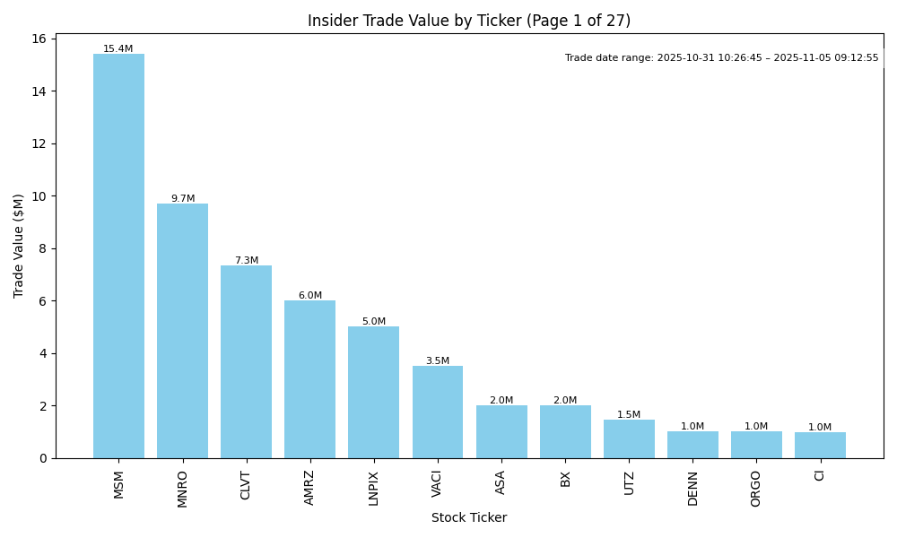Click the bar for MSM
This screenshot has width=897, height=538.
118,256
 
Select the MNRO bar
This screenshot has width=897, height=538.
182,331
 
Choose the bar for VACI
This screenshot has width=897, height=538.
438,412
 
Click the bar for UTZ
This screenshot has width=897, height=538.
629,438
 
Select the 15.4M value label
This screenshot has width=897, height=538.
118,49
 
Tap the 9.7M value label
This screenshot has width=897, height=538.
183,199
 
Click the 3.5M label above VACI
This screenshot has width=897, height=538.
438,361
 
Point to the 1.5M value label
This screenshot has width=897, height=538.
629,415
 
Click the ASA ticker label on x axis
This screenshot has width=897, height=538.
501,482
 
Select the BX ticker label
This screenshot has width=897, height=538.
565,479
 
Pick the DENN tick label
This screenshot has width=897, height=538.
692,488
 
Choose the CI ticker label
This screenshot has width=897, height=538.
820,475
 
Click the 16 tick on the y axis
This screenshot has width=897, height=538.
39,39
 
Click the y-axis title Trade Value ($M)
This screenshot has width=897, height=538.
19,246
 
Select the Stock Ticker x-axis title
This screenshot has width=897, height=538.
469,518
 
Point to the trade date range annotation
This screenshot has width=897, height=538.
722,58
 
